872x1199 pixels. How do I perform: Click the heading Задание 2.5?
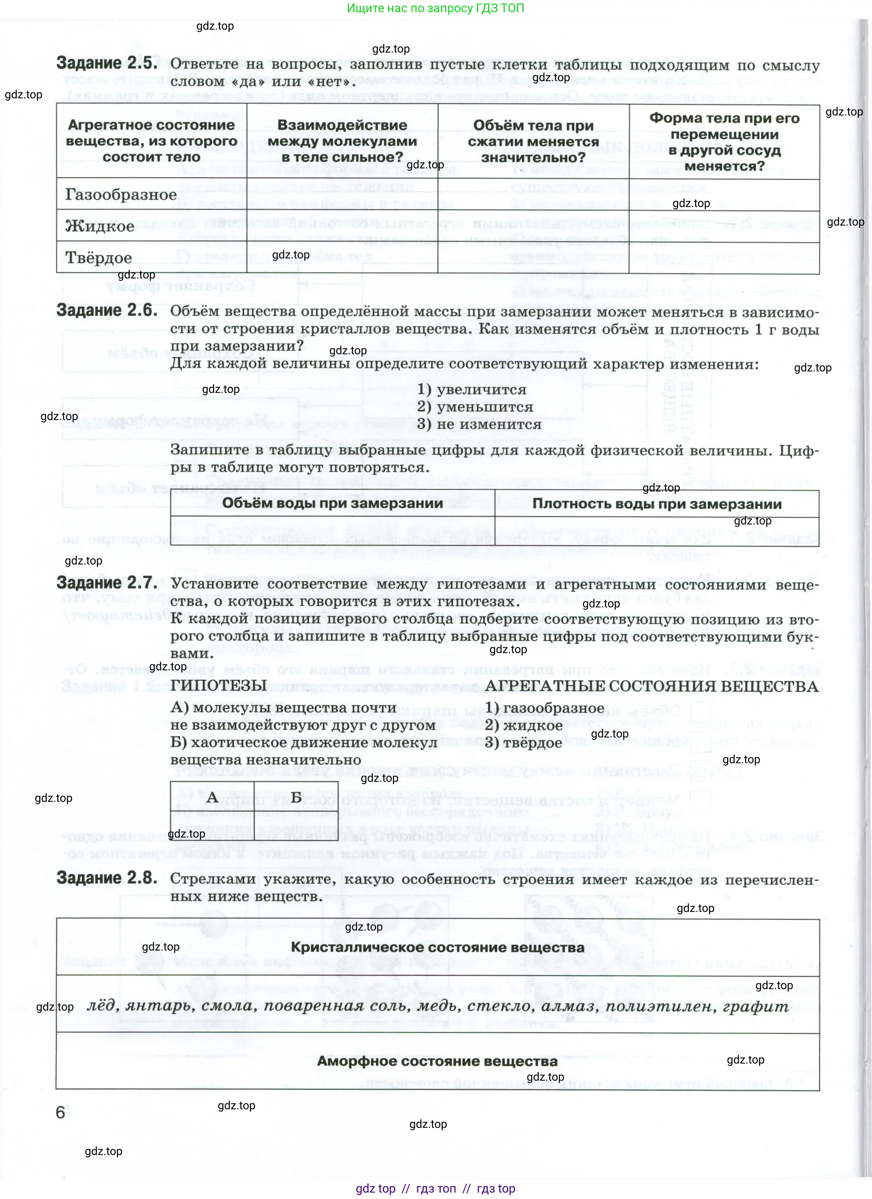(x=107, y=63)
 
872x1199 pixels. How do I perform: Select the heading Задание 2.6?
(x=107, y=310)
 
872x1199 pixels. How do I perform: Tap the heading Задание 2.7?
(x=107, y=583)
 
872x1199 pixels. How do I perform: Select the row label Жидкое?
(x=100, y=226)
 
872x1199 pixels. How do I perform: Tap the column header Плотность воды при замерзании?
(x=657, y=504)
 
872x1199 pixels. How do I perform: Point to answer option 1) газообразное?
(x=545, y=708)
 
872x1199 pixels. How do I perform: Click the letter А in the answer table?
(x=212, y=797)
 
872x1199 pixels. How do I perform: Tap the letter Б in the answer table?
(x=296, y=797)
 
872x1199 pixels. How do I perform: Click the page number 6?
(x=61, y=1112)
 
